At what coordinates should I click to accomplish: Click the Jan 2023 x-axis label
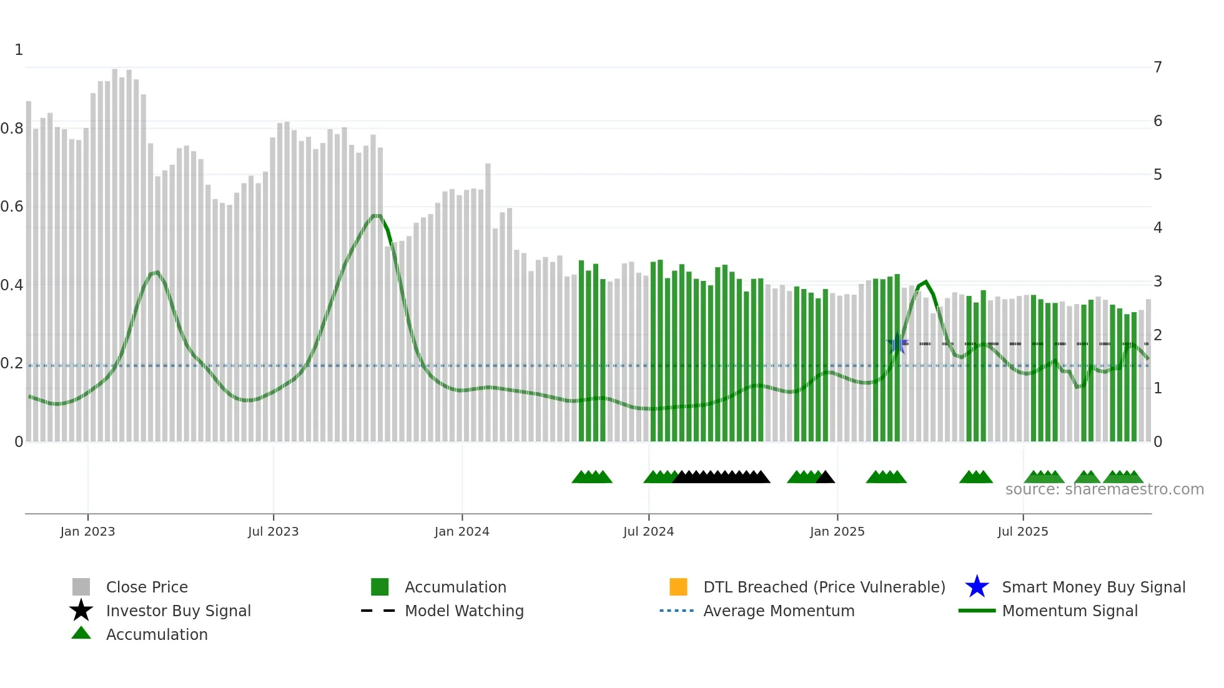(87, 531)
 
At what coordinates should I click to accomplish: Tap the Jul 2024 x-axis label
(648, 531)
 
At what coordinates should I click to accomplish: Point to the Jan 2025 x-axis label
(837, 531)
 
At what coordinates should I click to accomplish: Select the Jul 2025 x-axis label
(1022, 531)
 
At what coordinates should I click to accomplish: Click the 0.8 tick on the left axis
(12, 129)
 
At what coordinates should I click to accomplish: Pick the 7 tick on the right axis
(1158, 67)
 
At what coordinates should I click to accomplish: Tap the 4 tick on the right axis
(1158, 228)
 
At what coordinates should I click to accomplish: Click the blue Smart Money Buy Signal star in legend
(977, 587)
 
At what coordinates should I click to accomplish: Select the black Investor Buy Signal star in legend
(81, 611)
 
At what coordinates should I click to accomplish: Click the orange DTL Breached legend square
(678, 587)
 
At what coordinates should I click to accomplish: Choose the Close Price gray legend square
(81, 587)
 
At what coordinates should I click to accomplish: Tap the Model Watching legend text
(464, 611)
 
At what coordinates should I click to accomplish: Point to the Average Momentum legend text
(779, 611)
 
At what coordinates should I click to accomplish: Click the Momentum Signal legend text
(1070, 611)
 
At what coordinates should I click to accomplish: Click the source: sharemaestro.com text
(1104, 489)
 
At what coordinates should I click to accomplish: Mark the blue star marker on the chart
(897, 343)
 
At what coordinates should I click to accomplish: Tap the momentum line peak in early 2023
(157, 272)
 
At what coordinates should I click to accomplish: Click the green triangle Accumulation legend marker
(81, 633)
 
